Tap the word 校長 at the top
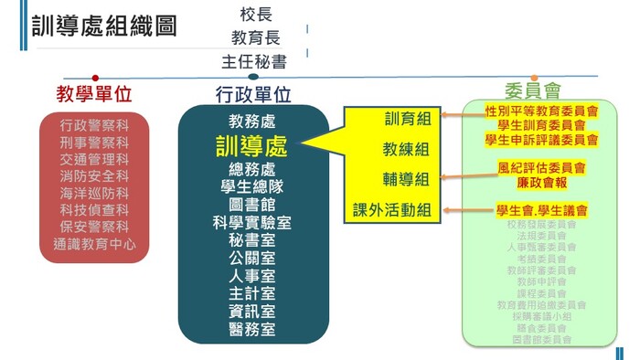click(256, 16)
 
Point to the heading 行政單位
click(253, 93)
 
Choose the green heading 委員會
click(532, 91)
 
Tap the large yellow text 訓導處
click(251, 145)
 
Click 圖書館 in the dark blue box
click(253, 204)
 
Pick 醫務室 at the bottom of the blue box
click(253, 329)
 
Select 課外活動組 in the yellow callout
click(393, 210)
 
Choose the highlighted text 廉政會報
click(542, 182)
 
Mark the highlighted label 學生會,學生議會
click(542, 210)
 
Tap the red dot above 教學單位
click(95, 78)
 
